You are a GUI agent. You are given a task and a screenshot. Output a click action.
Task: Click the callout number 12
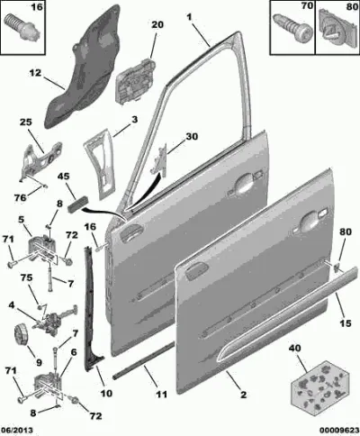35,73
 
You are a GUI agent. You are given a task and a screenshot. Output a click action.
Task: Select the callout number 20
157,24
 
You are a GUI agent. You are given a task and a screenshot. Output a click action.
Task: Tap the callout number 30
192,136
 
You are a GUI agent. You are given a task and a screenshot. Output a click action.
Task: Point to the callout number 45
63,177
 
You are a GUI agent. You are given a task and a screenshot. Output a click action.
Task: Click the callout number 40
295,349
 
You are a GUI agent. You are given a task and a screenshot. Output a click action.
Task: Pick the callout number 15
346,323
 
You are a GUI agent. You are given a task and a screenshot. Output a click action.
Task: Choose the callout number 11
162,394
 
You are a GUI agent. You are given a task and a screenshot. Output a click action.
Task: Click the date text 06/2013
17,431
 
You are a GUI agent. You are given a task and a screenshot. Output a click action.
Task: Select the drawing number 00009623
339,431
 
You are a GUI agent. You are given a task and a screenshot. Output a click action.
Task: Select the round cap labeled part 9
22,332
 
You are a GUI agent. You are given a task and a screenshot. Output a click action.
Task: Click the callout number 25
26,123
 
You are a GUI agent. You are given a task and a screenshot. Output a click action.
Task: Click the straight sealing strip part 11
143,360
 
